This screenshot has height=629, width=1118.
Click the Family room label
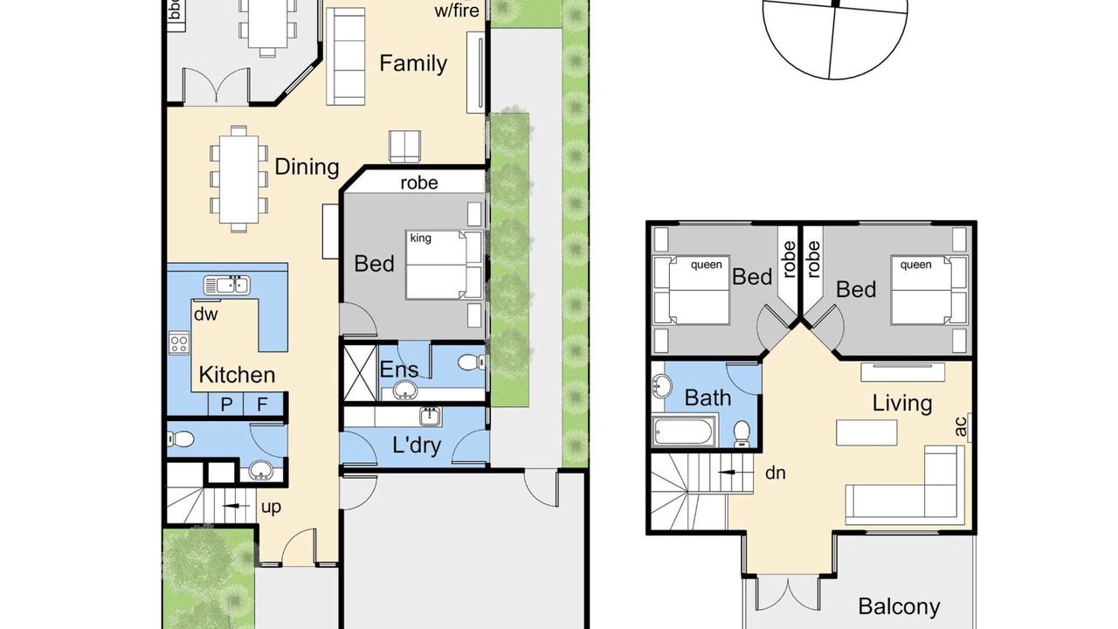coord(413,64)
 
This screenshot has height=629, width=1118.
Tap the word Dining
coord(307,167)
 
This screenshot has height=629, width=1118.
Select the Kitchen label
coord(237,375)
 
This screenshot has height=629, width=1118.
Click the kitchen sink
coord(227,286)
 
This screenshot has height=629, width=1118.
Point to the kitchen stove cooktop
coord(179,343)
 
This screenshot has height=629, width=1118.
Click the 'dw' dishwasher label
coord(205,314)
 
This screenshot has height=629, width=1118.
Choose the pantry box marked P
coord(225,404)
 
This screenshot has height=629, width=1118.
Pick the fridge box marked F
coord(263,404)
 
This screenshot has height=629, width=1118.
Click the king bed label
coord(420,238)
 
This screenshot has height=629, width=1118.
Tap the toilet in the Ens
coord(471,362)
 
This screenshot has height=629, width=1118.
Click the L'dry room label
coord(417,445)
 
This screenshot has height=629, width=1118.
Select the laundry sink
coord(431,417)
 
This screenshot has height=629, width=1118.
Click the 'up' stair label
coord(271,508)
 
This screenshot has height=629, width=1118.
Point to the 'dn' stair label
coord(775,473)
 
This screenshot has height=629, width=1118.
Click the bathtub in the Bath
coord(683,432)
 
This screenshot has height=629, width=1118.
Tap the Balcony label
coord(899,606)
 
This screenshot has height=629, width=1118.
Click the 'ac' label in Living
coord(960,427)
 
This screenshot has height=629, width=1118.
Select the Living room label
coord(902,404)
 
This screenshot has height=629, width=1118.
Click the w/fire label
coord(457,10)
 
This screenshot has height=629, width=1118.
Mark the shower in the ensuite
coord(360,372)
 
